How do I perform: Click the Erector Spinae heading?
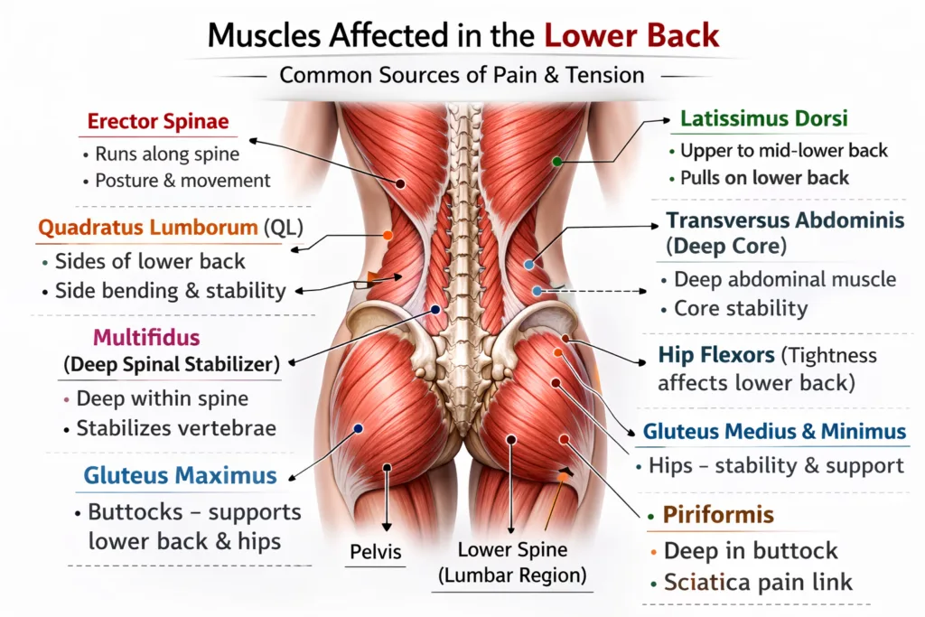(158, 122)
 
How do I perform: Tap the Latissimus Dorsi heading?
(764, 118)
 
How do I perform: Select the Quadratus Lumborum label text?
(148, 228)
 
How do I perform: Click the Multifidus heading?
(146, 337)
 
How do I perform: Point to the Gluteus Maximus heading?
(180, 475)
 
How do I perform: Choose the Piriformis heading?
(718, 515)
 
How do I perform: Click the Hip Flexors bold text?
(716, 355)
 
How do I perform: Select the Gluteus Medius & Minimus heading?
(774, 432)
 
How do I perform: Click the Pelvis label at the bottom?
(375, 552)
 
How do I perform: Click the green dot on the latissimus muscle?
(556, 162)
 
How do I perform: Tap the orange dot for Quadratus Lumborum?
(388, 236)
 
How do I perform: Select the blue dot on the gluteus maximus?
(358, 429)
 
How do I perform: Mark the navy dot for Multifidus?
(435, 310)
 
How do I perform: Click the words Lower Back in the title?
(631, 35)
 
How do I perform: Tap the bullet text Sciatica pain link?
(758, 583)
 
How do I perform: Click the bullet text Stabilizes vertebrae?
(176, 428)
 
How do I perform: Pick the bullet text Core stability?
(741, 309)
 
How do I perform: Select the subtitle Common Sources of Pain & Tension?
(462, 76)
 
